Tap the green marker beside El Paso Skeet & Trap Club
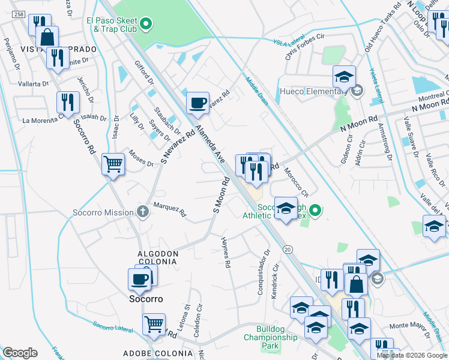(145, 25)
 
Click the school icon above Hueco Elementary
(345, 77)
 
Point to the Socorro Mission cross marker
(142, 212)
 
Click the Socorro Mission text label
(103, 212)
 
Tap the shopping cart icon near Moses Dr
(113, 163)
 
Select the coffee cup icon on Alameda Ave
(197, 103)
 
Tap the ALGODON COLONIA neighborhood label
(158, 257)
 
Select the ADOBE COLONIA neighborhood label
(154, 353)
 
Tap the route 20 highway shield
(288, 248)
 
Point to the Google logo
(20, 352)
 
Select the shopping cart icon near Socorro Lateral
(154, 325)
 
